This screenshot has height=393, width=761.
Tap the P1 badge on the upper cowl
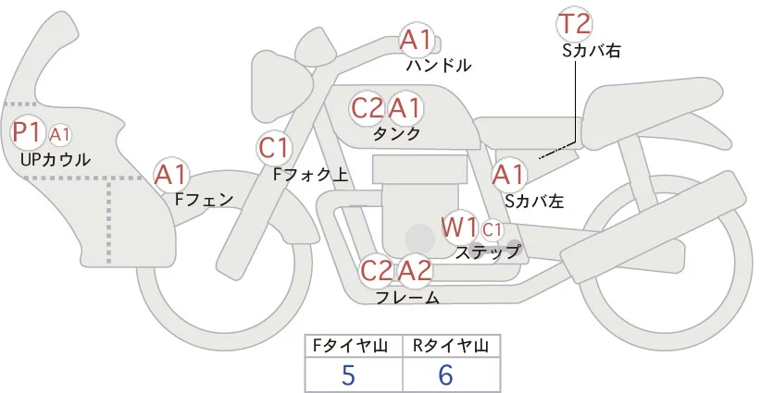tap(27, 133)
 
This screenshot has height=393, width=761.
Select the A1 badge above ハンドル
tap(416, 40)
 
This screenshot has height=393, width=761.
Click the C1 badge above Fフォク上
tap(275, 147)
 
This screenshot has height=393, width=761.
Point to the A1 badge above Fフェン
tap(171, 174)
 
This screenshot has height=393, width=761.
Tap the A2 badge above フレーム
tap(416, 271)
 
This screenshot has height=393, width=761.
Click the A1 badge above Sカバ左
tap(509, 174)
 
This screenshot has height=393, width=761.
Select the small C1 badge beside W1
tap(492, 228)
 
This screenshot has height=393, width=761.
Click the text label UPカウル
tap(55, 159)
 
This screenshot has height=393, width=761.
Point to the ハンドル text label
tap(439, 66)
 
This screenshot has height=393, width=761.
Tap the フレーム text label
tap(407, 297)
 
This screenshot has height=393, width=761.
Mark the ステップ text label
tap(487, 251)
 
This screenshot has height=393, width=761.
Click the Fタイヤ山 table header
tap(354, 346)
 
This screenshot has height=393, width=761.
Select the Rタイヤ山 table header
tap(450, 346)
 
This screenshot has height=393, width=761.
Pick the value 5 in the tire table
tap(348, 375)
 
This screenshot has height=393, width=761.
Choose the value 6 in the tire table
tap(446, 375)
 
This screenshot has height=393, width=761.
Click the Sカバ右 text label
tap(591, 52)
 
